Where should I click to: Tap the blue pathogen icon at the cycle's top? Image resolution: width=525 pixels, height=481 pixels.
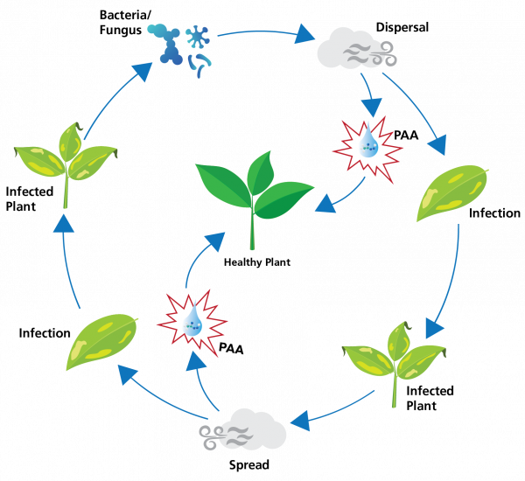point(185,47)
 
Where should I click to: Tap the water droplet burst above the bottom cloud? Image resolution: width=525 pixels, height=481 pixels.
point(192,323)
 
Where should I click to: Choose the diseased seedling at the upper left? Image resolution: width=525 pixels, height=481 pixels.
point(66,157)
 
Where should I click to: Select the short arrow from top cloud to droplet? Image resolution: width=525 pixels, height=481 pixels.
point(368,96)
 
